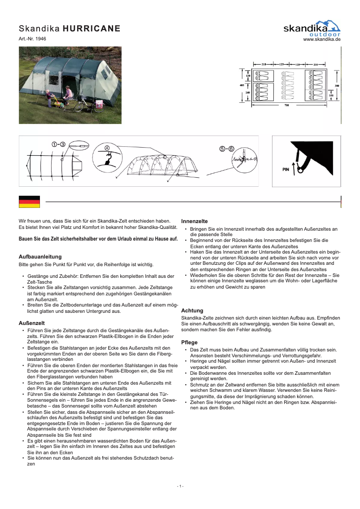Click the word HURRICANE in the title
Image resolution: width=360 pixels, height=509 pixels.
click(x=92, y=29)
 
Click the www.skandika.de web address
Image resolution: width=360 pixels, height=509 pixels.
click(x=322, y=39)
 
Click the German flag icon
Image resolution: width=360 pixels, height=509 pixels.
click(x=29, y=202)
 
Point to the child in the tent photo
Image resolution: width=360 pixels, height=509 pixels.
click(x=48, y=97)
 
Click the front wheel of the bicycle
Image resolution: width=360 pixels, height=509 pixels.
click(x=79, y=107)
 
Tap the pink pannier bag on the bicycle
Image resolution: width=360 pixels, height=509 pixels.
click(x=99, y=105)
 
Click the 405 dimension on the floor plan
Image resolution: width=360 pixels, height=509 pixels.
click(x=242, y=85)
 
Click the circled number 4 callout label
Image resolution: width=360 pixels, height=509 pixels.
click(x=107, y=148)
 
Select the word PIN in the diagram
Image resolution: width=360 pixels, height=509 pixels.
click(x=285, y=170)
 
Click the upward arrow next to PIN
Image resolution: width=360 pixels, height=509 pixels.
click(x=294, y=169)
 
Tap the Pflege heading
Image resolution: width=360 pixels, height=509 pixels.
click(x=189, y=342)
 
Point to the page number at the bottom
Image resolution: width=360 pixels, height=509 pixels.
click(x=180, y=486)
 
